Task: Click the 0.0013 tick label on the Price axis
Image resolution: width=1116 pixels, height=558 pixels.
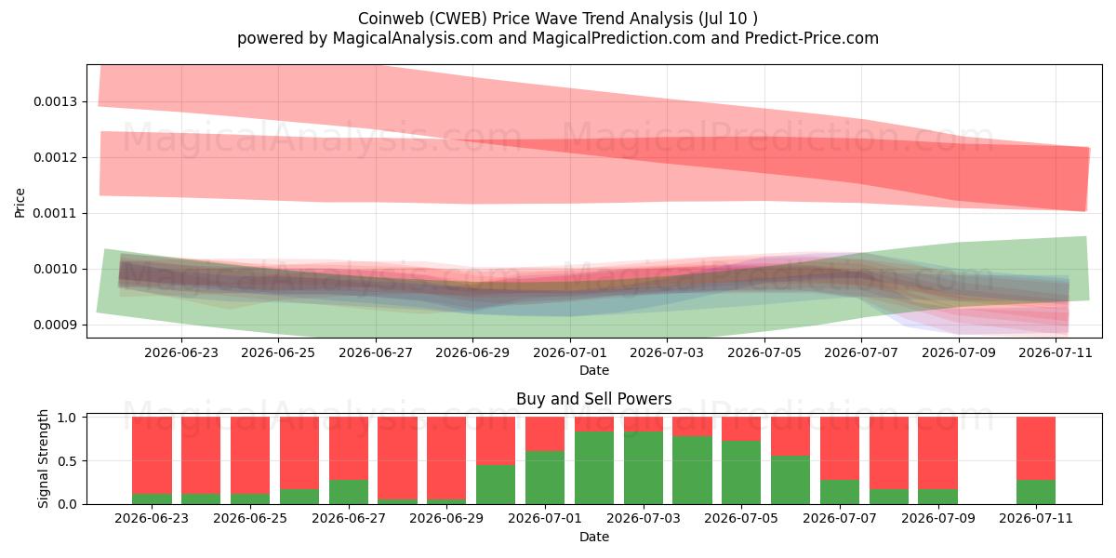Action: (55, 102)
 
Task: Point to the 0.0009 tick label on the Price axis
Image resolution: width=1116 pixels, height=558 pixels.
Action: (55, 325)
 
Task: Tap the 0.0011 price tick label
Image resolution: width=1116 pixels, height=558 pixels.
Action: (55, 214)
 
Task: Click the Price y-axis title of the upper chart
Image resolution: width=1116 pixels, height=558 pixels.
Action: (20, 203)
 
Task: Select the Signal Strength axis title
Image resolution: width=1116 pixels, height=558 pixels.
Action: (44, 458)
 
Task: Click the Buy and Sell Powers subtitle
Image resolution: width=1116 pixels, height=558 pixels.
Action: (594, 399)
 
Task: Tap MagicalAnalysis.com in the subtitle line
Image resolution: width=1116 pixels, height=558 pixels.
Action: (413, 38)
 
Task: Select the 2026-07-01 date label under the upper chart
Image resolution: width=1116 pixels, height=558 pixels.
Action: (570, 352)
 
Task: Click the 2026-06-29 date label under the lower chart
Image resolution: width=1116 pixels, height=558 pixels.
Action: (446, 518)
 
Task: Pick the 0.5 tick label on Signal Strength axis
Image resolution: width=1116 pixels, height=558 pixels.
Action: (67, 461)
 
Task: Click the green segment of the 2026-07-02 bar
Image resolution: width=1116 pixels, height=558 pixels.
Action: (594, 468)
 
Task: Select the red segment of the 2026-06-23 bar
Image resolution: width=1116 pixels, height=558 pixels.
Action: (152, 456)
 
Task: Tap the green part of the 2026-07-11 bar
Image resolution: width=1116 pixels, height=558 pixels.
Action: (1036, 492)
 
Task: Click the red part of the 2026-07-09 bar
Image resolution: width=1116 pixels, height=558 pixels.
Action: (937, 453)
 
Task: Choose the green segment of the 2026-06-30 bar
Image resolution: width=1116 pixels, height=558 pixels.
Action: (496, 485)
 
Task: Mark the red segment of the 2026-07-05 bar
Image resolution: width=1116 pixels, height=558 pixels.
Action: (741, 429)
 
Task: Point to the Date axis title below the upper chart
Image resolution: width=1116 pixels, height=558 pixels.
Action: (594, 370)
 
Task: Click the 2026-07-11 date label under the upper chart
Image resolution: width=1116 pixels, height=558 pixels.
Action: (1056, 352)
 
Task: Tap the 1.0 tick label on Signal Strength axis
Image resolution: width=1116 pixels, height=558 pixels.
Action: (67, 418)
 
